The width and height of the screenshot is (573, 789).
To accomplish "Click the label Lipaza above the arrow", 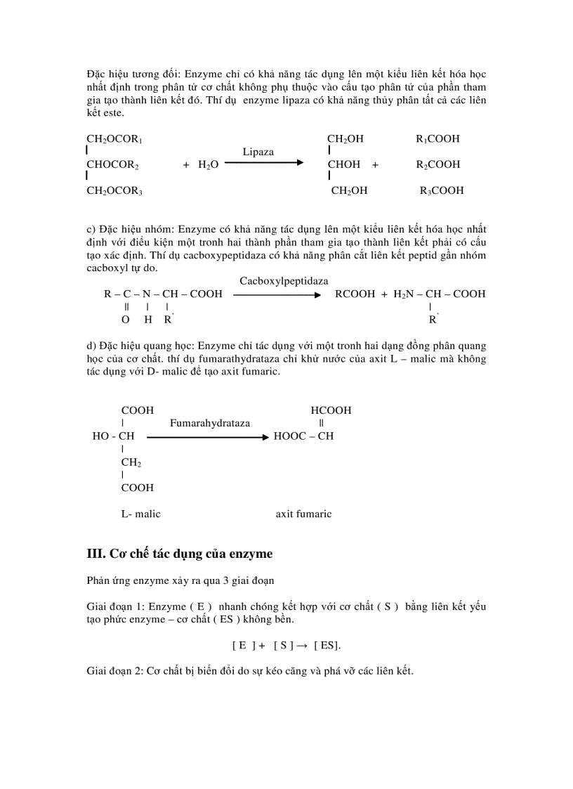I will [258, 152].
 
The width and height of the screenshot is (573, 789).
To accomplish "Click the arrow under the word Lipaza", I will [264, 163].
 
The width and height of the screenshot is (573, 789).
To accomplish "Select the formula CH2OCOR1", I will [114, 139].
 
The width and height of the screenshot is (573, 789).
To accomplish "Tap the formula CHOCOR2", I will [112, 164].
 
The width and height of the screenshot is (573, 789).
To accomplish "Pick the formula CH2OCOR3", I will [114, 190].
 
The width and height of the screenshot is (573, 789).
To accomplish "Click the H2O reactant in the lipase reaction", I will [209, 164].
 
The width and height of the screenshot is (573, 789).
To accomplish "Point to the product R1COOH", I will [437, 139].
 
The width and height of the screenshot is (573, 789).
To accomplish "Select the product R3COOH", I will [442, 190].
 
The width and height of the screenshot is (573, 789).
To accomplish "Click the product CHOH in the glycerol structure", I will [344, 164].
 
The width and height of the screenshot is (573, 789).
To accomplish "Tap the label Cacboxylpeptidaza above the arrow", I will [284, 281].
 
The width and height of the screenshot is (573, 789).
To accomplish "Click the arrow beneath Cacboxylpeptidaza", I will [277, 294].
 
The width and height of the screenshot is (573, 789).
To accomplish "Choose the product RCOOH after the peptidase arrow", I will [355, 294].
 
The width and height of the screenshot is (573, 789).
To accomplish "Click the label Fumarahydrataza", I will [210, 423].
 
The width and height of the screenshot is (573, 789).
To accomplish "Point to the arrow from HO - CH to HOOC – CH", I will [207, 436].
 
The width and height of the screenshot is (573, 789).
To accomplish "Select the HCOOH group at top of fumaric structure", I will [331, 410].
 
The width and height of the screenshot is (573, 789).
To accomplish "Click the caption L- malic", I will [140, 514].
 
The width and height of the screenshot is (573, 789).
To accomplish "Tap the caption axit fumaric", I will [303, 514].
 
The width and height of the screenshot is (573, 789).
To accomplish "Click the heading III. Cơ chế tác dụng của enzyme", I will [179, 554].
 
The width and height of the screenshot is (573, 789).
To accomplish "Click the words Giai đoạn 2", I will [114, 671].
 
